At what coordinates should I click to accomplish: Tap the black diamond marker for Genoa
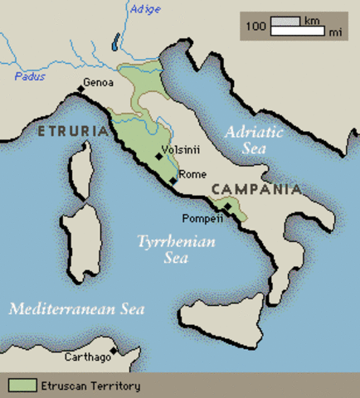click(x=80, y=87)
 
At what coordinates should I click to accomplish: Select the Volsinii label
click(x=180, y=151)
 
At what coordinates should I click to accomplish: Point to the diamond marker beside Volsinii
click(x=158, y=156)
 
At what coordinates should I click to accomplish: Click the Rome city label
click(x=192, y=174)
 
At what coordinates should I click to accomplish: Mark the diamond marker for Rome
click(x=173, y=180)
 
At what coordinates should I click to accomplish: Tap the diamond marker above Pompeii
click(x=227, y=207)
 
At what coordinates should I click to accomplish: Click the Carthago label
click(x=86, y=357)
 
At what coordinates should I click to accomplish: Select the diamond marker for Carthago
click(x=114, y=350)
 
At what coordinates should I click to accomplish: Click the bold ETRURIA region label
click(x=72, y=131)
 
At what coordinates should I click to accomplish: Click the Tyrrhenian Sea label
click(x=176, y=250)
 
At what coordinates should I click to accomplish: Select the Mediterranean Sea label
click(x=77, y=309)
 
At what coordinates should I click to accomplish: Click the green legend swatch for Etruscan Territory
click(x=22, y=386)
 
